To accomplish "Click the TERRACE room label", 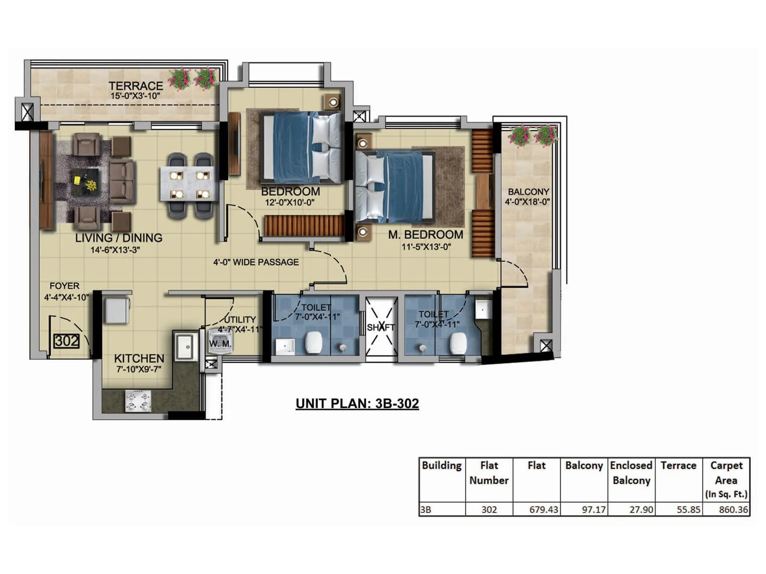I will tap(135, 86).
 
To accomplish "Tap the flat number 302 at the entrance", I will tap(67, 341).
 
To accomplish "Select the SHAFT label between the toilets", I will tap(381, 328).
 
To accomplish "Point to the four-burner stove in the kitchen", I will tap(138, 401).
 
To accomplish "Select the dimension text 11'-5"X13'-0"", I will tap(426, 247).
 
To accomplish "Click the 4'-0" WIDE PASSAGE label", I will tap(256, 262).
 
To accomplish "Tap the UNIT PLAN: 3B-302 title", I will tap(357, 403).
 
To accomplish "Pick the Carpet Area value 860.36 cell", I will tap(732, 509).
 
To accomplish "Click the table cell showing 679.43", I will tap(543, 509).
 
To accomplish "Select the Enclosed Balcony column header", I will tap(631, 473).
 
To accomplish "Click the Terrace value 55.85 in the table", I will tap(688, 509).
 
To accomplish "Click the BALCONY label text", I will tap(529, 191).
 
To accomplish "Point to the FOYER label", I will tap(65, 286).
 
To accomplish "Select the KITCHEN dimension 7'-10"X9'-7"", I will tap(139, 369).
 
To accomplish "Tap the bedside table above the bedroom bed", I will tap(333, 102).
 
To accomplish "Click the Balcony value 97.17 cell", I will tap(594, 509).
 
